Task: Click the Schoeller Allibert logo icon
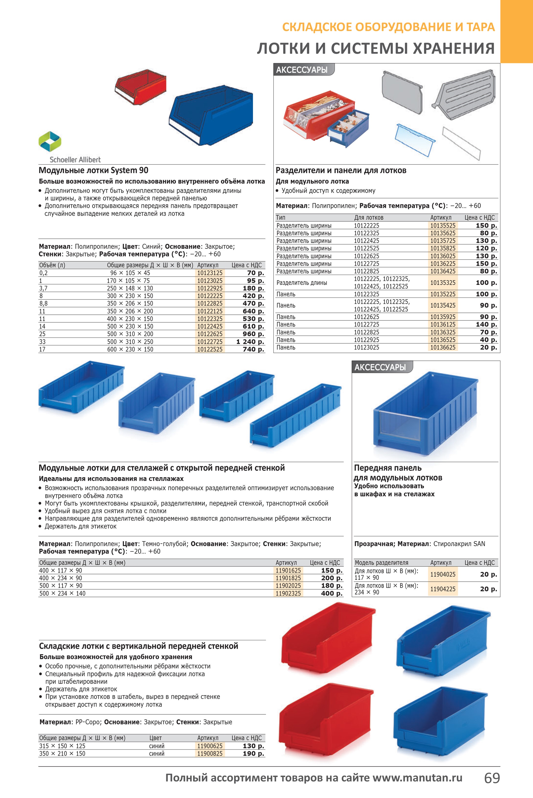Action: (50, 141)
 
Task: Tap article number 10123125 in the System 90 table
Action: (210, 273)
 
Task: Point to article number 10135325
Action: (442, 282)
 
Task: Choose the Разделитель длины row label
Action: (302, 282)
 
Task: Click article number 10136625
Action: (442, 347)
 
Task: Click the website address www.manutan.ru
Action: (418, 778)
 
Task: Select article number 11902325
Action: (288, 593)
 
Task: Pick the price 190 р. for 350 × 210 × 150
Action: (253, 753)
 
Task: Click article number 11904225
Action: (442, 589)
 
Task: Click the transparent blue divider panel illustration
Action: (415, 139)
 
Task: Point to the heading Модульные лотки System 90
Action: (93, 170)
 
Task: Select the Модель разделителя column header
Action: (381, 563)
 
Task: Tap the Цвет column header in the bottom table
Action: (155, 738)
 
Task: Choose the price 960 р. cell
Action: (253, 334)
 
